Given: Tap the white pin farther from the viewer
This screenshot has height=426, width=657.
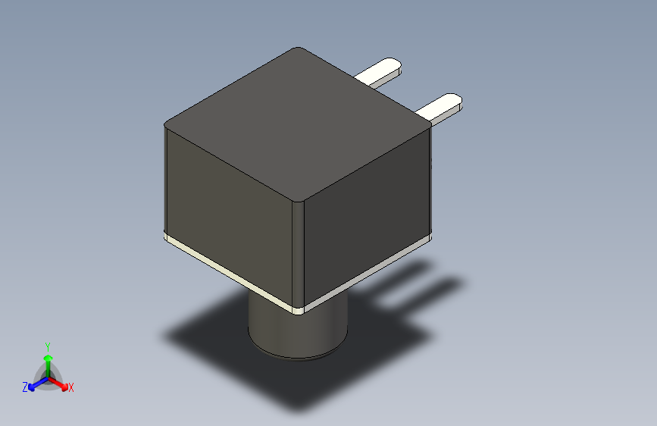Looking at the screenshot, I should (x=378, y=71).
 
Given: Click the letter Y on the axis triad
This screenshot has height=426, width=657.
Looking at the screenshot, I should (x=47, y=345).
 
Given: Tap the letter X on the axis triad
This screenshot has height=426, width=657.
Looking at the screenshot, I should (x=71, y=388).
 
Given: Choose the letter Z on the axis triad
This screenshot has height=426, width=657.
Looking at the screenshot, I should (x=25, y=387).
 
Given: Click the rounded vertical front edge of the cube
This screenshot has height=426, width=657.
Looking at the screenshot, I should (x=299, y=250).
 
